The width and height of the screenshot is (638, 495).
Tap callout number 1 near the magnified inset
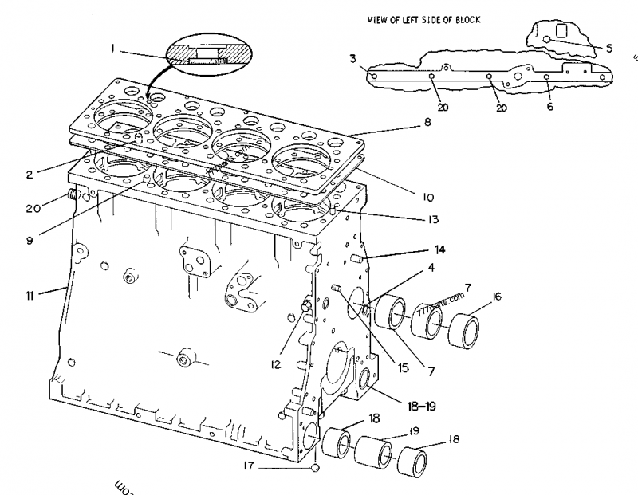pos(113,49)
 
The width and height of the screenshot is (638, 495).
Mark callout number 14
pos(439,249)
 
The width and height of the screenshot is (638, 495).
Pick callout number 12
pos(274,365)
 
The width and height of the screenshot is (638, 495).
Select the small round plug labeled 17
pos(317,467)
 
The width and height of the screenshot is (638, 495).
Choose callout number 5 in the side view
pos(608,49)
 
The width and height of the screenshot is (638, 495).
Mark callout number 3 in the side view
pos(352,58)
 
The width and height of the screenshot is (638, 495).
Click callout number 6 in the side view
pos(549,107)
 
